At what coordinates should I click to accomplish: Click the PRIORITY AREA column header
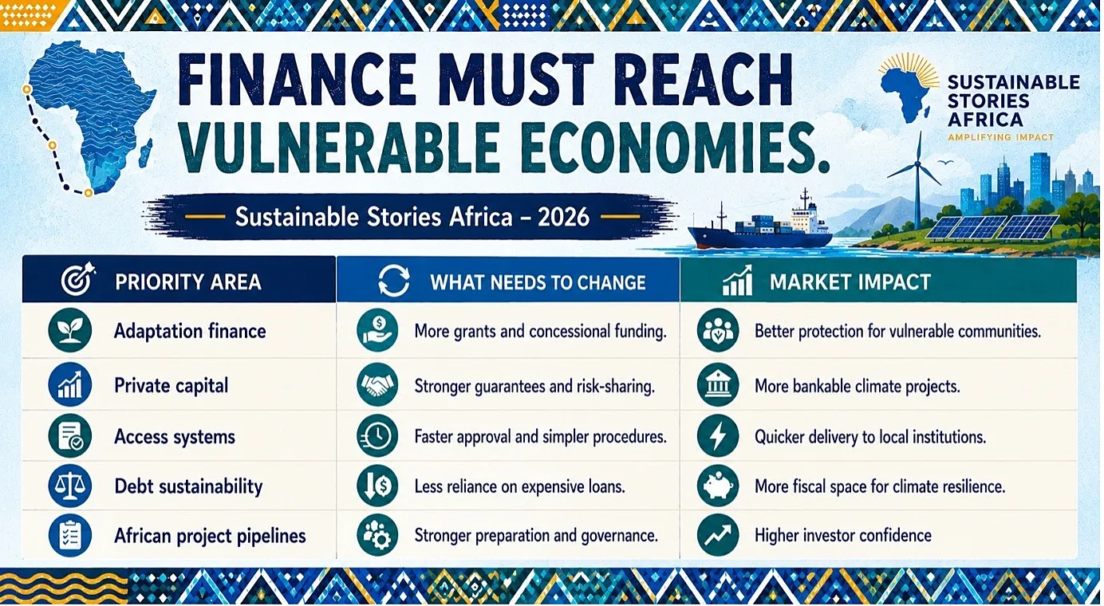tap(187, 281)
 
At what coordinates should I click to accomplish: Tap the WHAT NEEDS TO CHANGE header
tap(538, 282)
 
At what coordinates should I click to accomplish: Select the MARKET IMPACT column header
tap(850, 282)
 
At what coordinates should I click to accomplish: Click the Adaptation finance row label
tap(190, 331)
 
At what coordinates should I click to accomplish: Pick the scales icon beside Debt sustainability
tap(70, 486)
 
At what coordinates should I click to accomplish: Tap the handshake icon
tap(377, 384)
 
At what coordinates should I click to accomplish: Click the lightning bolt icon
tap(718, 436)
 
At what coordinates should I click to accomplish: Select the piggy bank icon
tap(718, 486)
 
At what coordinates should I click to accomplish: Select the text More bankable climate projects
tap(857, 386)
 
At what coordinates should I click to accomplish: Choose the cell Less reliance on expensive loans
tap(519, 486)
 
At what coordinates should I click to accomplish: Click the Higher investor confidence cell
tap(843, 535)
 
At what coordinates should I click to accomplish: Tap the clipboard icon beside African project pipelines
tap(70, 536)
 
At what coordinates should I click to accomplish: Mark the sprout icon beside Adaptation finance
tap(70, 330)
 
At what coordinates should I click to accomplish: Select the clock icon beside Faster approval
tap(377, 436)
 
